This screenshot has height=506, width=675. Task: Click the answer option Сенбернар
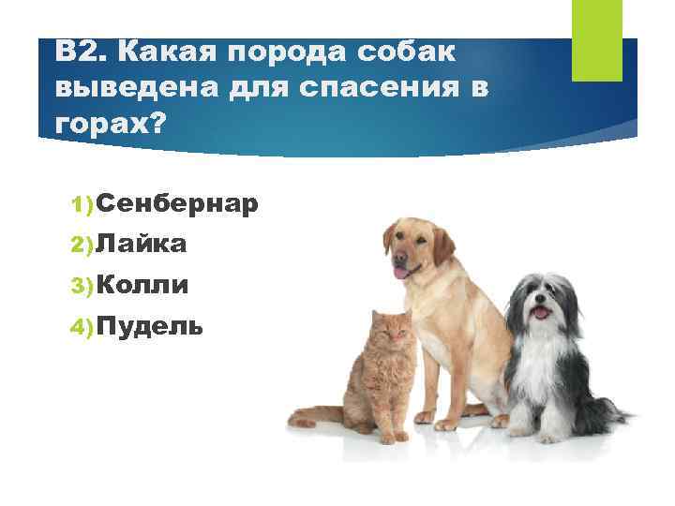point(176,203)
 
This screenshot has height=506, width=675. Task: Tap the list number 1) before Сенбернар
point(82,204)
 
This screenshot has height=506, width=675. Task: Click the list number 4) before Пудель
point(82,326)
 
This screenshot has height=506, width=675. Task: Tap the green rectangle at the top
point(596,39)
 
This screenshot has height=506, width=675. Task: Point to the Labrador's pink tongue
point(401,273)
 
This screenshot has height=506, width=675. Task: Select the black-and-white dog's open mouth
point(541,313)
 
